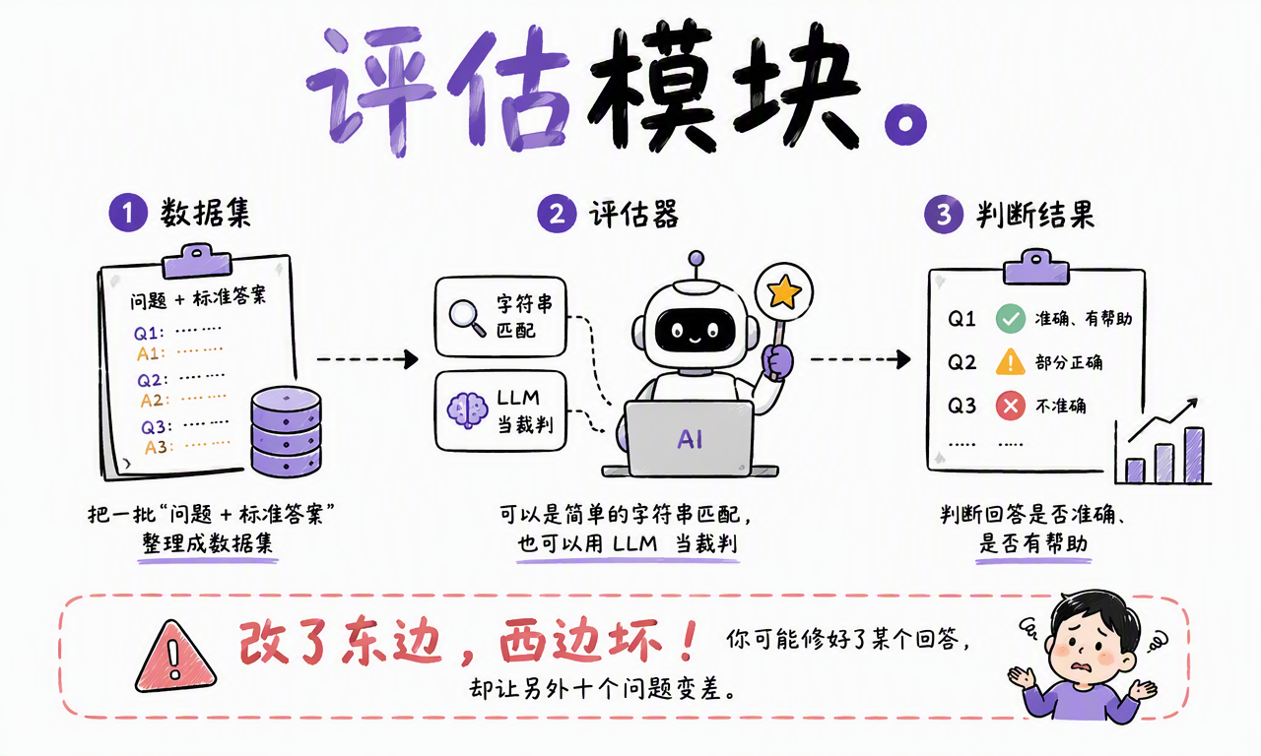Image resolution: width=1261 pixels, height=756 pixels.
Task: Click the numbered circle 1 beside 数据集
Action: pyautogui.click(x=128, y=213)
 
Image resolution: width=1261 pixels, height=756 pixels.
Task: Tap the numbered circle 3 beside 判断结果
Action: pyautogui.click(x=944, y=215)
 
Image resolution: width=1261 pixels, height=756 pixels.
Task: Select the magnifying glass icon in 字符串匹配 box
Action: pyautogui.click(x=467, y=318)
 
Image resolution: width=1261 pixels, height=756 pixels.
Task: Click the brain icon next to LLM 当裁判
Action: pyautogui.click(x=467, y=410)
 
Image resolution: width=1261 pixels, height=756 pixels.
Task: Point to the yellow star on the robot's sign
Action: pyautogui.click(x=784, y=292)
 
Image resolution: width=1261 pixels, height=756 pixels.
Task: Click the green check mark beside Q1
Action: pyautogui.click(x=1011, y=318)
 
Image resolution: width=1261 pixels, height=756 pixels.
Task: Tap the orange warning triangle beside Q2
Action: pyautogui.click(x=1011, y=361)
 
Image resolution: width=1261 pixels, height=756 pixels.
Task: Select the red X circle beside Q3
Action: pyautogui.click(x=1011, y=406)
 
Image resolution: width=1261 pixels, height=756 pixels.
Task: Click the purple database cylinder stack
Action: pyautogui.click(x=286, y=431)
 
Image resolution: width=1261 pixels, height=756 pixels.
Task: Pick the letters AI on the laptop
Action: pyautogui.click(x=690, y=439)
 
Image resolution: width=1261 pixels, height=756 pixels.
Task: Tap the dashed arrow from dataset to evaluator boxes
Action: pyautogui.click(x=367, y=359)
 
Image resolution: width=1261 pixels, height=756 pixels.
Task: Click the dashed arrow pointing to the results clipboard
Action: pyautogui.click(x=861, y=359)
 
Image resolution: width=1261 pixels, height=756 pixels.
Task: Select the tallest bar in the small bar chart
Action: pyautogui.click(x=1194, y=455)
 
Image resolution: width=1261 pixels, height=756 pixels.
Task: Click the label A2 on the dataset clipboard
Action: pyautogui.click(x=152, y=401)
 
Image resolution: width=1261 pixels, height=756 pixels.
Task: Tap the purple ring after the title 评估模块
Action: pyautogui.click(x=905, y=124)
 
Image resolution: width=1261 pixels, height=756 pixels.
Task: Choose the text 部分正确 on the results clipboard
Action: pyautogui.click(x=1069, y=362)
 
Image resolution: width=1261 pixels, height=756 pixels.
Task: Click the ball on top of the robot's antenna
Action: pyautogui.click(x=697, y=259)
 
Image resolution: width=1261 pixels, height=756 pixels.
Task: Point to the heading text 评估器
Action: pyautogui.click(x=633, y=215)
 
